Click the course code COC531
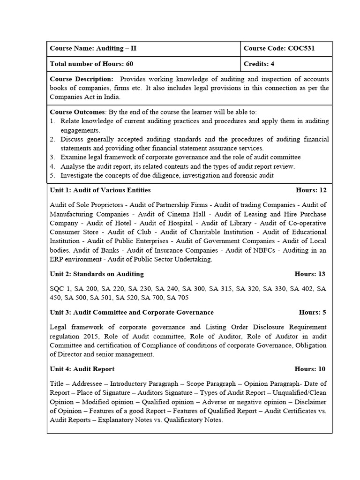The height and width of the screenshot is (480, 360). click(305, 48)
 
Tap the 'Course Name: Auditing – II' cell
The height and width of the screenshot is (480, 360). click(93, 48)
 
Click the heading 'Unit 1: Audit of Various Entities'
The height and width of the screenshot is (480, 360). click(100, 190)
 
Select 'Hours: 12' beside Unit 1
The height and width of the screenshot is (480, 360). click(311, 190)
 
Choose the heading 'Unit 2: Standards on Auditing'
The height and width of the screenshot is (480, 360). click(97, 274)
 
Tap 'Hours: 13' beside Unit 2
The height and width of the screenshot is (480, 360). click(310, 274)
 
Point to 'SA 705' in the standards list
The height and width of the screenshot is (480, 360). click(179, 298)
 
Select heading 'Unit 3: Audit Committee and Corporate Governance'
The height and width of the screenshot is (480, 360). click(131, 312)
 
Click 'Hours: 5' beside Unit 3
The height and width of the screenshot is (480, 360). click(312, 312)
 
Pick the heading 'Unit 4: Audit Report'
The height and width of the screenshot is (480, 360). click(82, 369)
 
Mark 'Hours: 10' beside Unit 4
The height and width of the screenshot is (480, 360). click(310, 369)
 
